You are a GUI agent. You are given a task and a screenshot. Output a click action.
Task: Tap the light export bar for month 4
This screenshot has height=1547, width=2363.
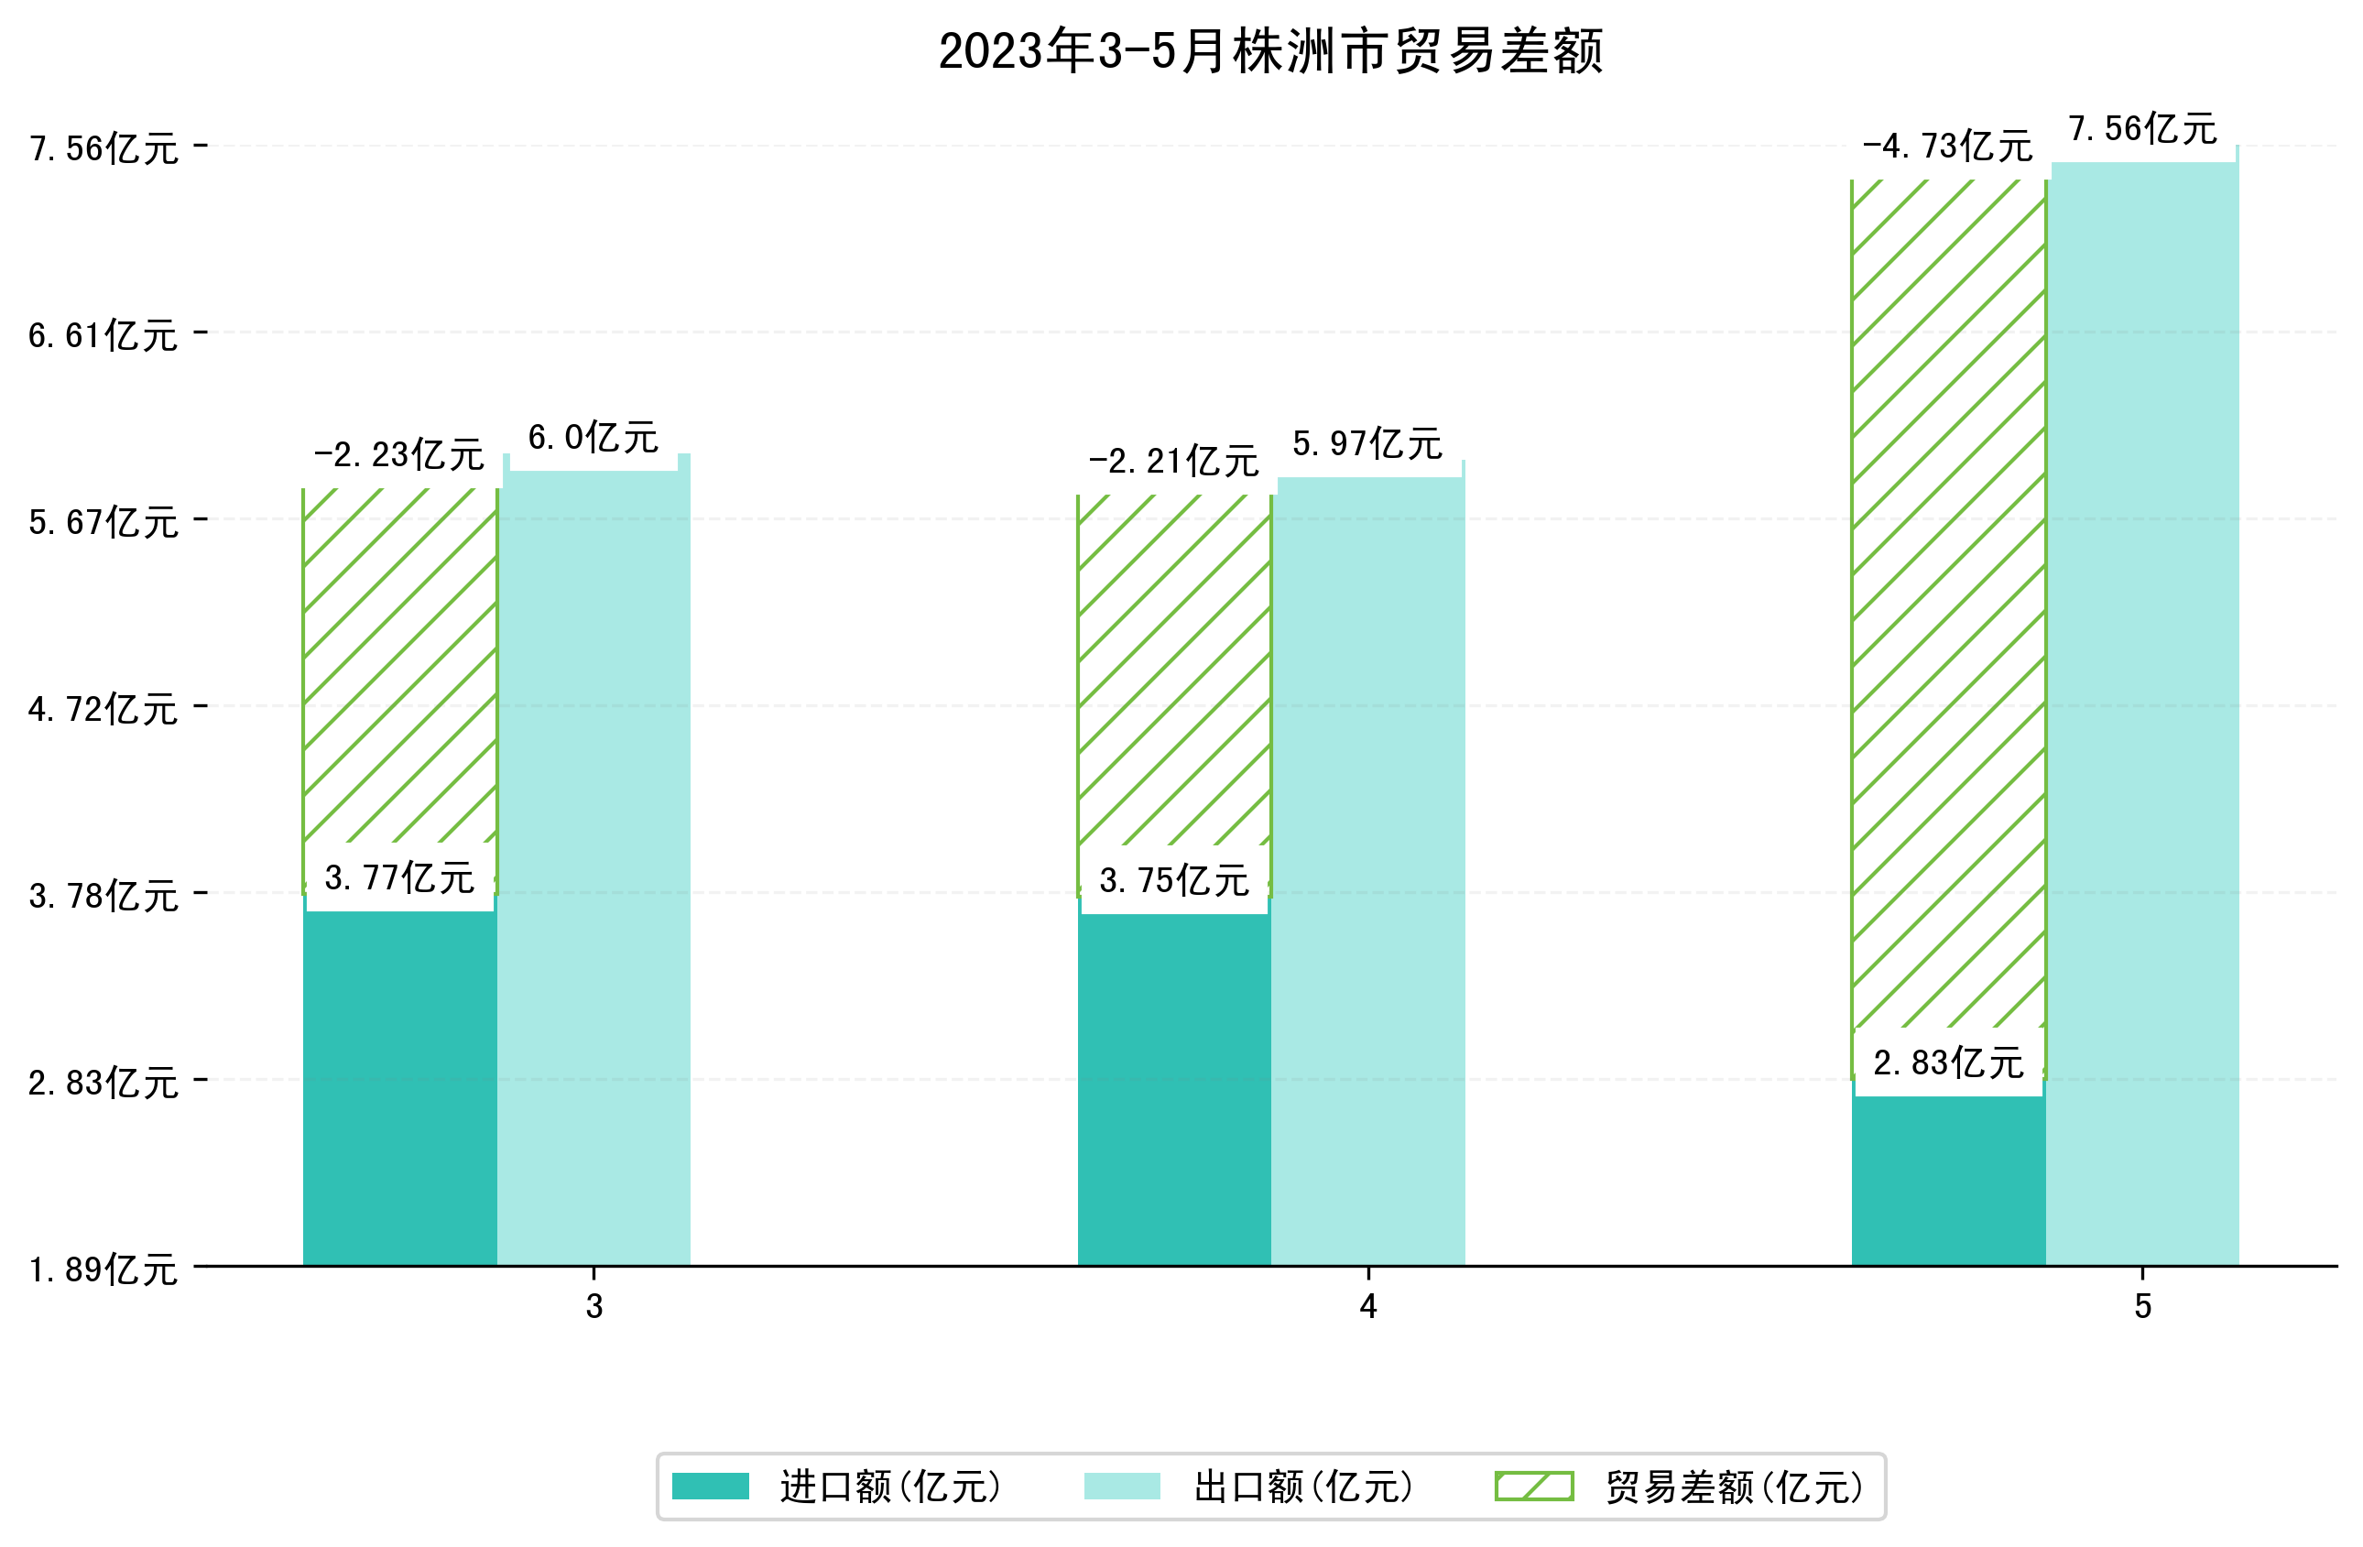1367,874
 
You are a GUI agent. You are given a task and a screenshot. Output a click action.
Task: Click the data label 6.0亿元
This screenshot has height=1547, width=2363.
593,438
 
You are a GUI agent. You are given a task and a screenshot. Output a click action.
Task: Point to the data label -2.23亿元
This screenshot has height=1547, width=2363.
398,456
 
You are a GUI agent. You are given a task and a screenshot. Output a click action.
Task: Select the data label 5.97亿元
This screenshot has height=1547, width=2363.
1367,445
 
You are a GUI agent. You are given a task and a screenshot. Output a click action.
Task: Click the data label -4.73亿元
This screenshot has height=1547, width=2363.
1947,147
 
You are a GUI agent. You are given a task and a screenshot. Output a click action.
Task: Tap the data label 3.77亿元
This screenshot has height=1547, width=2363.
399,878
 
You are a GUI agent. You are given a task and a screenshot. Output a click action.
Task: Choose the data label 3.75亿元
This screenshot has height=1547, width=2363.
1173,882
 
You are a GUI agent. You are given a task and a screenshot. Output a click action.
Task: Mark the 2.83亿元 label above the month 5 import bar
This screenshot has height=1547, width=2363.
1948,1064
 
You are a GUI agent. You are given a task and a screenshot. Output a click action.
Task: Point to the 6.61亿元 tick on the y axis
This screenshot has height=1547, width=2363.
103,335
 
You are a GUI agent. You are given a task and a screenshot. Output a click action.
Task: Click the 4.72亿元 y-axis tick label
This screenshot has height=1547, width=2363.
103,710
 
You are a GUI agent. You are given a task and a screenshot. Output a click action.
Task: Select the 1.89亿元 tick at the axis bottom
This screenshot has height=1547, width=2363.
103,1270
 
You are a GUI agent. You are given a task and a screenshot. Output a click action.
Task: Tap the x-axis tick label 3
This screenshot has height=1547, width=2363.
593,1307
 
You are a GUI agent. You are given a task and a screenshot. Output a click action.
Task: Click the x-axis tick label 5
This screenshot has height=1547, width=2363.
2142,1307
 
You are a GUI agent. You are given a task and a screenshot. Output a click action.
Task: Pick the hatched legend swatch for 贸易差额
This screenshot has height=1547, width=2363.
1534,1487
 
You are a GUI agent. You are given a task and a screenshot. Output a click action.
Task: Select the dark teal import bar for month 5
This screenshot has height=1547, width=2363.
1948,1182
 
